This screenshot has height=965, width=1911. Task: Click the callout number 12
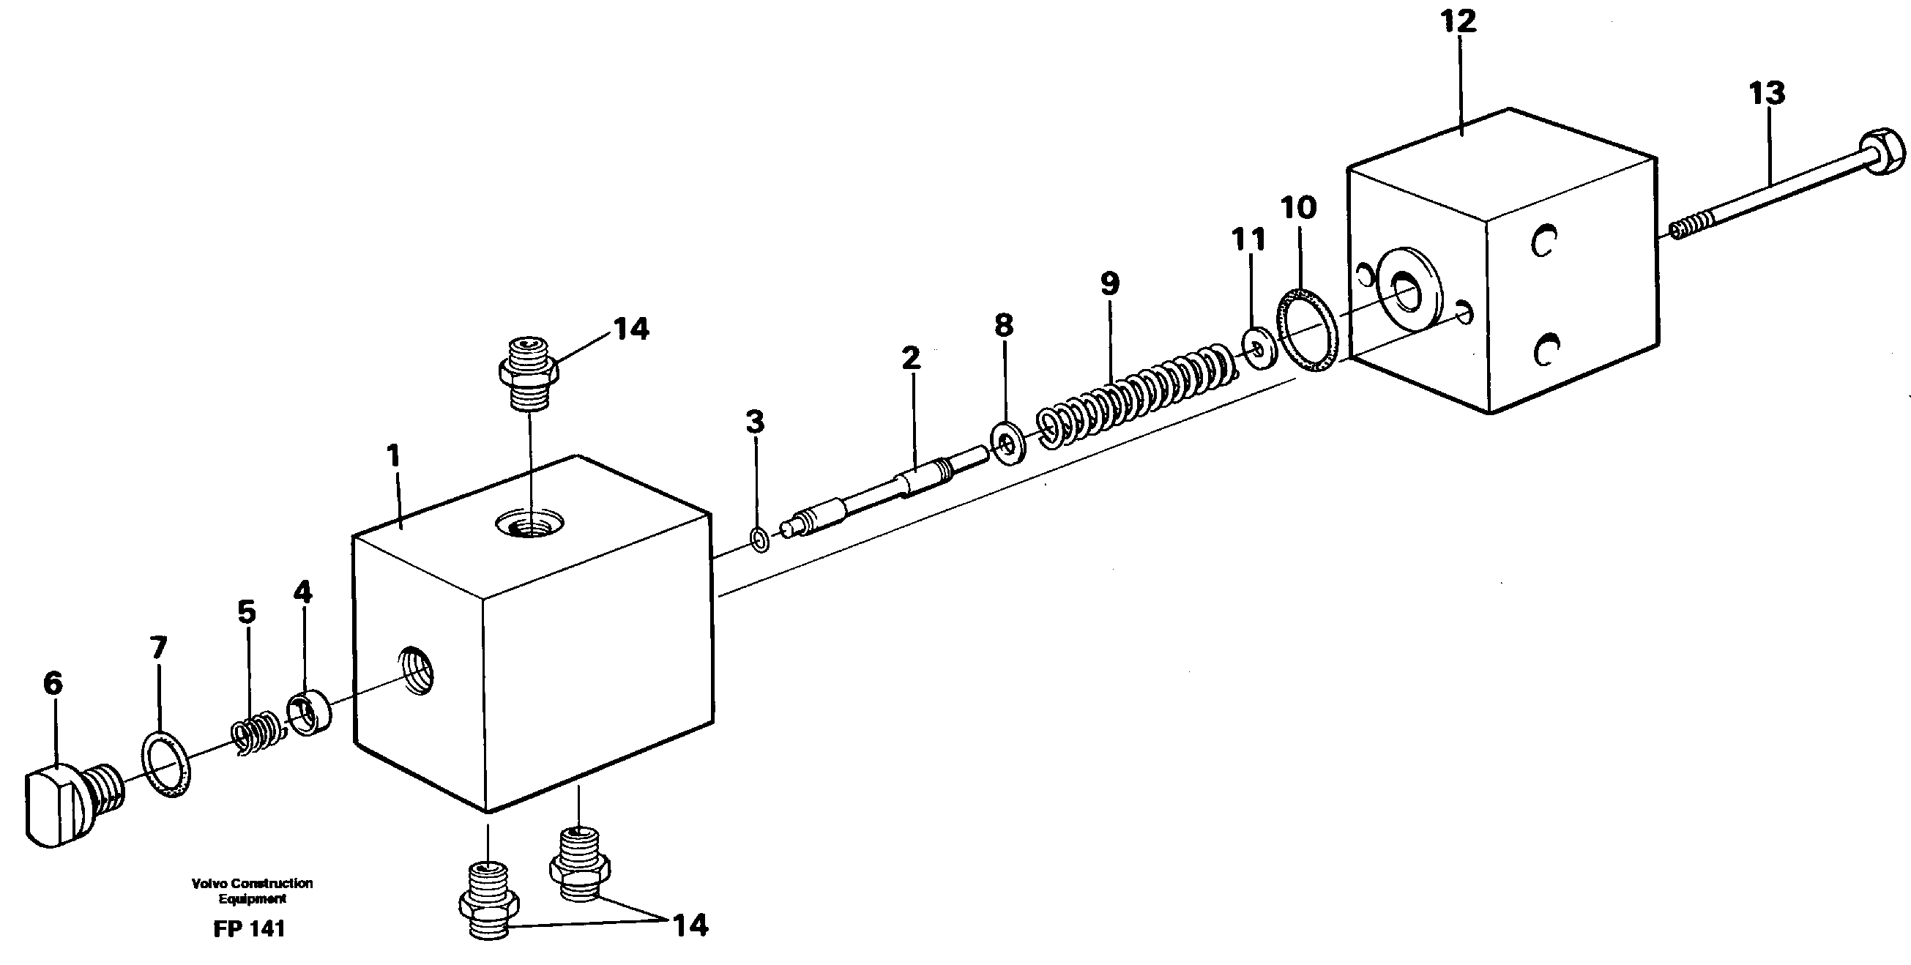tap(1459, 21)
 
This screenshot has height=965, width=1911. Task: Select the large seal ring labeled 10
tap(1309, 331)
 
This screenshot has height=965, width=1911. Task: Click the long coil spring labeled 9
tap(1135, 390)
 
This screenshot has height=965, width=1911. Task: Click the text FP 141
tap(248, 929)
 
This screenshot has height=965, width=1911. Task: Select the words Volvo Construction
tap(251, 884)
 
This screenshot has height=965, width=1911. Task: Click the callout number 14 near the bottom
tap(689, 925)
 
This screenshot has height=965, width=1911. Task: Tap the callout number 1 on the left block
tap(393, 455)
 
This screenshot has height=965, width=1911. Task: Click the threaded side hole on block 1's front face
tap(417, 670)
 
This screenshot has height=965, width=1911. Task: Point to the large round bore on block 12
tap(1407, 290)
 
